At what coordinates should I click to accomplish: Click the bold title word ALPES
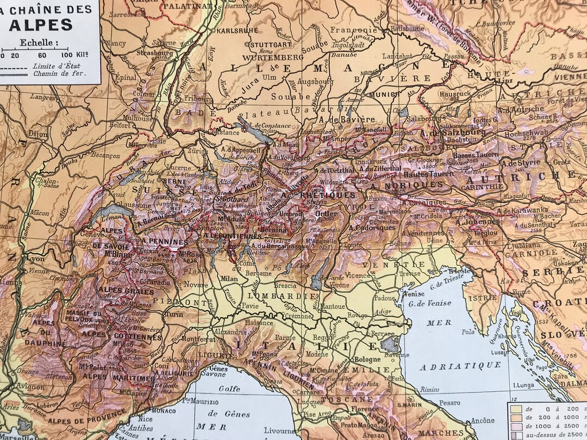point(41,24)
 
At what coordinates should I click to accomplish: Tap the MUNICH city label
point(381,94)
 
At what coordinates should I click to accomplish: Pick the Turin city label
point(174,315)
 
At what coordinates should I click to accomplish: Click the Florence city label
point(364,408)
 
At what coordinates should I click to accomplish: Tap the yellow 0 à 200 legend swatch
point(515,408)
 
